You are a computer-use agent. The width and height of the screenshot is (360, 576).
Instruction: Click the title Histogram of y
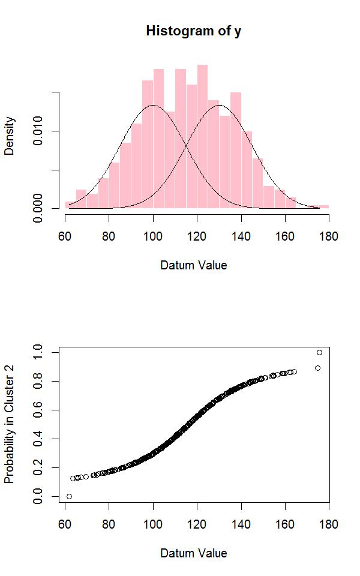pos(193,31)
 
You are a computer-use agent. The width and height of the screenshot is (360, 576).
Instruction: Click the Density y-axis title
pos(10,136)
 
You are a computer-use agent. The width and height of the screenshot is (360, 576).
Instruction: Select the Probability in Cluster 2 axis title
pos(10,424)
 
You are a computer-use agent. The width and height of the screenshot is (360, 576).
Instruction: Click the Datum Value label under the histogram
pos(193,265)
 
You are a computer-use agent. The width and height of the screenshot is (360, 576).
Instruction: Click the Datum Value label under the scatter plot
pos(193,553)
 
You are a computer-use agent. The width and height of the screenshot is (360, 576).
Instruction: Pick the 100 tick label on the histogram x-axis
pos(153,236)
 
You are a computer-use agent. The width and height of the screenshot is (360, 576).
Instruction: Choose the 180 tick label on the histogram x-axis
pos(328,236)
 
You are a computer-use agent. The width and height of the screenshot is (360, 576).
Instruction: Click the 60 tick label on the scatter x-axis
pos(65,524)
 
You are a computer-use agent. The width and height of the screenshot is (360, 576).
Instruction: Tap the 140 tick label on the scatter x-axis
pos(241,524)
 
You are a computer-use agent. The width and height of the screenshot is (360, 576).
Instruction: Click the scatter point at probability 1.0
pos(319,352)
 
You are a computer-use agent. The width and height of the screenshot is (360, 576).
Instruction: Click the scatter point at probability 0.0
pos(69,496)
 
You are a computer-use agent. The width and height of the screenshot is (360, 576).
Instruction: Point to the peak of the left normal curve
pos(153,106)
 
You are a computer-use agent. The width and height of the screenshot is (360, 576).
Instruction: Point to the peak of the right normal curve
pos(219,106)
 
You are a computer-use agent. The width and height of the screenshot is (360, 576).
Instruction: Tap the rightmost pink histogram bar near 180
pos(323,207)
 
